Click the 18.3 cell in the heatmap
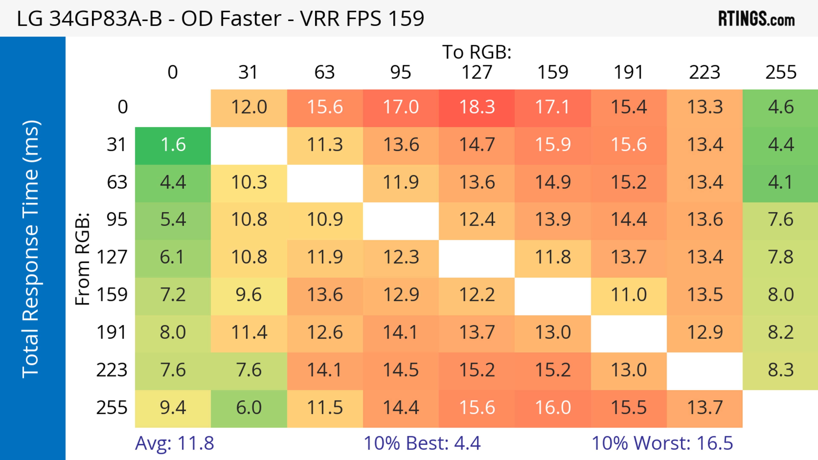[x=477, y=107]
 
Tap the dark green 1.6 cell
[x=173, y=145]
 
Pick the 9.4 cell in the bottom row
[x=173, y=408]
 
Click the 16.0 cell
[x=553, y=408]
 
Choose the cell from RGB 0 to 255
[x=781, y=107]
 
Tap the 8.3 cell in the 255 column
[x=781, y=370]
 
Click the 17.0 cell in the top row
[x=401, y=107]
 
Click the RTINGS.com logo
[x=756, y=19]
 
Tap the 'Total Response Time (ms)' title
[x=31, y=249]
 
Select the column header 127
[x=477, y=72]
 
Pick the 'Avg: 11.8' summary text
[x=174, y=443]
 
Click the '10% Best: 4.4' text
[x=422, y=443]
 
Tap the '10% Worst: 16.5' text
[x=662, y=443]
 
